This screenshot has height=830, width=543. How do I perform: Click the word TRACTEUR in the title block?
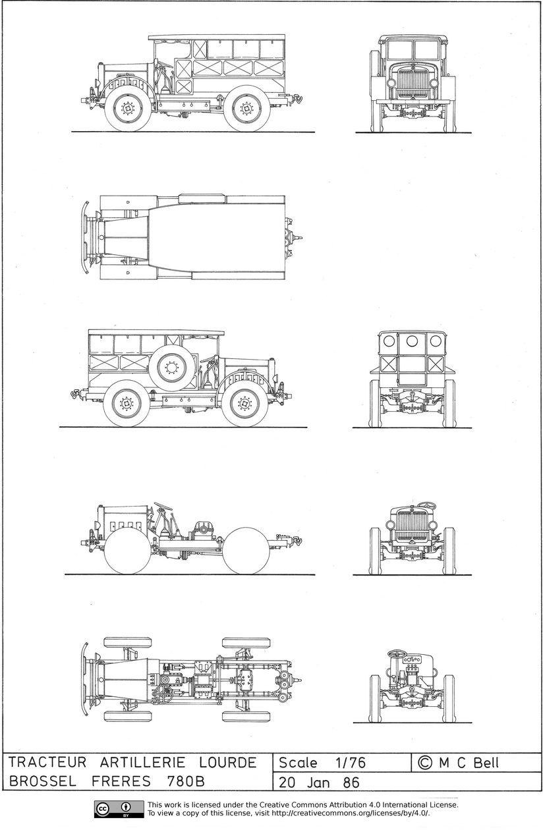[47, 763]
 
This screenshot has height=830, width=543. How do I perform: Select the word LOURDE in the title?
[228, 763]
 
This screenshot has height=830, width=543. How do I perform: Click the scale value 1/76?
[351, 763]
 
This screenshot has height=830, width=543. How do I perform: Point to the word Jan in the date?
[318, 783]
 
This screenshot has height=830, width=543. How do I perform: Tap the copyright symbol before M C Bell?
[425, 763]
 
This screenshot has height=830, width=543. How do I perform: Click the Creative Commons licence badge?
[119, 809]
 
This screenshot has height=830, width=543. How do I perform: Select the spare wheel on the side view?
[171, 368]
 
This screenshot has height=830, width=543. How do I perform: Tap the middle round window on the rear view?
[412, 341]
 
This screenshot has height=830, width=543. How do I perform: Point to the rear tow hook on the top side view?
[296, 99]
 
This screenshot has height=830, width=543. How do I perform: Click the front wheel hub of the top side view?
[127, 109]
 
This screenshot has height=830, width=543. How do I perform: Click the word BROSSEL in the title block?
[42, 781]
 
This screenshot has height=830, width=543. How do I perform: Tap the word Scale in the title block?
[298, 763]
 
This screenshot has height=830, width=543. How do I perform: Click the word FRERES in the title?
[121, 781]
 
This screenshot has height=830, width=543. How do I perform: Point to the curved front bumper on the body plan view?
[85, 238]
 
